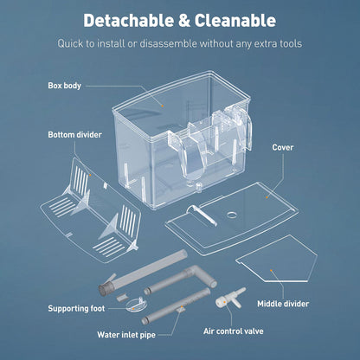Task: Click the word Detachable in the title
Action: point(129,21)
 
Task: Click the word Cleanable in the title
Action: point(235,21)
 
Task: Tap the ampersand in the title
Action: point(184,21)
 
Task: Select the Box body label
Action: point(64,86)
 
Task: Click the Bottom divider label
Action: point(74,135)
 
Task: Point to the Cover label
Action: point(283,147)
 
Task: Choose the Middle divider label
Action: point(283,304)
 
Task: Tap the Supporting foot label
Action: point(76,309)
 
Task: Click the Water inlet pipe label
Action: point(126,335)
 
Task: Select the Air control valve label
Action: point(233,331)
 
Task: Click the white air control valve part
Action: point(230,298)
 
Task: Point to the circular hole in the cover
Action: point(232,215)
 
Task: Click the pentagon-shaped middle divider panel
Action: point(277,260)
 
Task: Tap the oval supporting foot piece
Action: point(136,305)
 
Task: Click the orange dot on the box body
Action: point(163,106)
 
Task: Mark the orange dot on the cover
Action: point(267,197)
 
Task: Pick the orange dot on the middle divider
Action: point(271,270)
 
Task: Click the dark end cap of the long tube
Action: point(103,289)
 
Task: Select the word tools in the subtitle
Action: point(291,44)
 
